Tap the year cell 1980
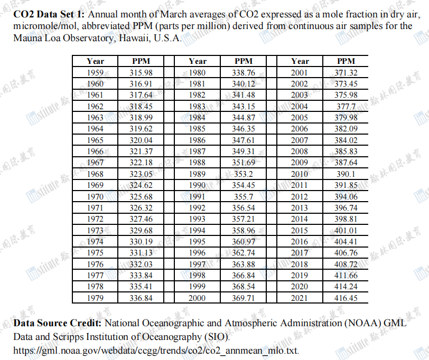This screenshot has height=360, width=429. coord(198,73)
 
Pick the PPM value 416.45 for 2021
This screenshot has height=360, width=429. coord(346,298)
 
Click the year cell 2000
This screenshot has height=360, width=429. coord(198,298)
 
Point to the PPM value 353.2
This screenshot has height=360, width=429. coord(243,174)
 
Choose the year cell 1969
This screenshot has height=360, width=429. coord(95,185)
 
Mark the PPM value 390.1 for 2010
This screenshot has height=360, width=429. coord(346,174)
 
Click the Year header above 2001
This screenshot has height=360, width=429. coord(300,62)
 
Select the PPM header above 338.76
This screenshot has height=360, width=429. coord(243,62)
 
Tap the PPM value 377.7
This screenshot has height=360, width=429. coord(346,107)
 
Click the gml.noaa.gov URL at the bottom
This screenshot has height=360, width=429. coord(156,350)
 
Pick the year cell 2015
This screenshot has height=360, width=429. coord(300,230)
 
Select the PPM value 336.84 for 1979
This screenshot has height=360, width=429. coord(141,298)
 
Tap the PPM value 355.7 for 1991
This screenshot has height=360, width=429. coord(243,196)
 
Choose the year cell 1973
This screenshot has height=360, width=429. coord(95,230)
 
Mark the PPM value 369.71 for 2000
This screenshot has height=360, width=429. coord(243,298)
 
